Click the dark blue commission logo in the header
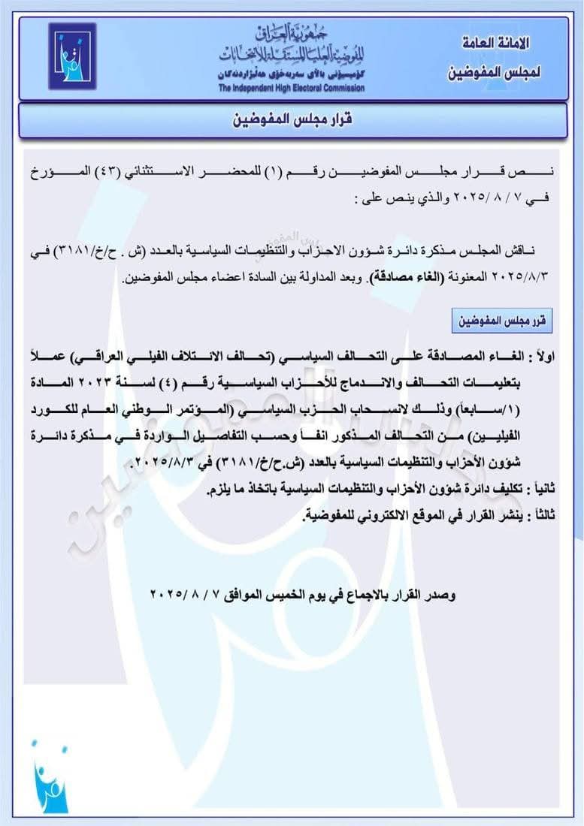pyautogui.click(x=72, y=56)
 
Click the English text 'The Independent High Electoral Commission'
pyautogui.click(x=291, y=88)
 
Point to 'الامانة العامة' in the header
pyautogui.click(x=494, y=44)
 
